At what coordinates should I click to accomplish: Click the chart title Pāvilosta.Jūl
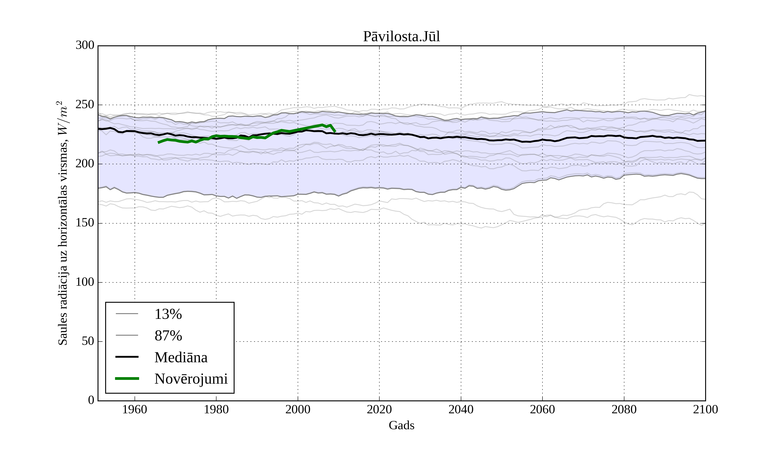click(x=401, y=37)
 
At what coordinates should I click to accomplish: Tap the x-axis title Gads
click(x=401, y=425)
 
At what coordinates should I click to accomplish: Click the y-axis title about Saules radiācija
click(x=63, y=223)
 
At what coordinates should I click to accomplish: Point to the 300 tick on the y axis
click(x=85, y=46)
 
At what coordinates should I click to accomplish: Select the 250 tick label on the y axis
click(x=85, y=105)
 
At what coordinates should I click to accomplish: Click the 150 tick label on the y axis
click(x=85, y=223)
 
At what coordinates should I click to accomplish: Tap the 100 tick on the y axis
click(x=85, y=282)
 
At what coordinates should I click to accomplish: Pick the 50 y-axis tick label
click(x=88, y=342)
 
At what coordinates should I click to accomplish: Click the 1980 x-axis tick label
click(x=216, y=409)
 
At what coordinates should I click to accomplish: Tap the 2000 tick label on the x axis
click(x=298, y=409)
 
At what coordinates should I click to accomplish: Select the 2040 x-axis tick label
click(x=461, y=409)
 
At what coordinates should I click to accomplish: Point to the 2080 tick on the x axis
click(x=624, y=409)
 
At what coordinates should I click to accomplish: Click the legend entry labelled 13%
click(x=168, y=314)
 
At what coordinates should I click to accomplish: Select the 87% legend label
click(x=168, y=336)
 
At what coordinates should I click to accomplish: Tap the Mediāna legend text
click(x=181, y=357)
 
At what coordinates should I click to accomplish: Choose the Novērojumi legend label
click(x=191, y=379)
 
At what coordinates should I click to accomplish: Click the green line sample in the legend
click(x=127, y=379)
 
